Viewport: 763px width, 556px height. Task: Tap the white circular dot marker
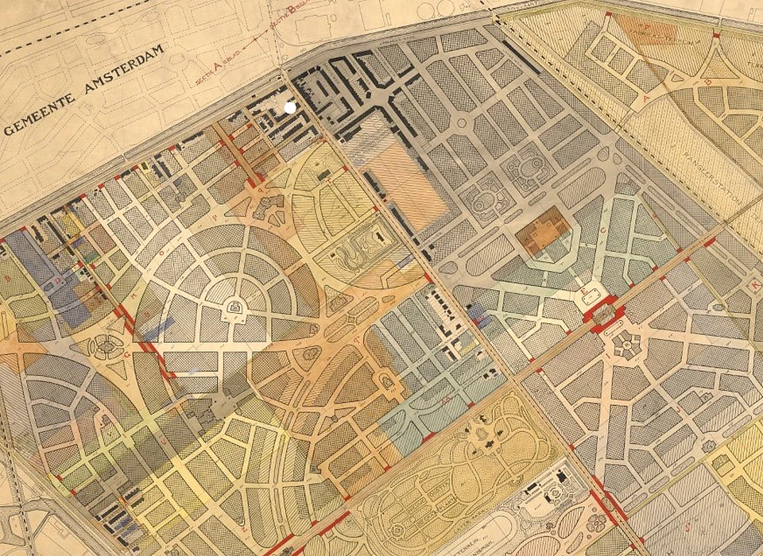[x=290, y=106]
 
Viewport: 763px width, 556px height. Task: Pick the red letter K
[x=755, y=284]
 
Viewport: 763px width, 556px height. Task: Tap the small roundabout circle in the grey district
[x=461, y=123]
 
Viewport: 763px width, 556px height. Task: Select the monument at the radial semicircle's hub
[x=235, y=306]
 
